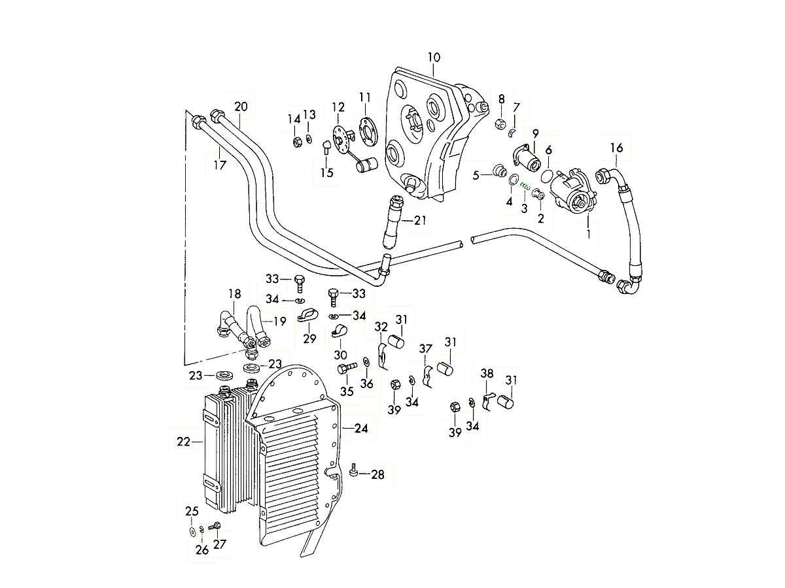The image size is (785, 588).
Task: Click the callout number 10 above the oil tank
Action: click(x=434, y=57)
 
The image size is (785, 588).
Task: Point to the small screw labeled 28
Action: click(x=354, y=470)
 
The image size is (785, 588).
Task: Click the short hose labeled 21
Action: click(x=394, y=222)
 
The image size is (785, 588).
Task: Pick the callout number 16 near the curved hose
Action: click(x=617, y=148)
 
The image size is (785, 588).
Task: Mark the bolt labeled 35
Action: click(x=345, y=370)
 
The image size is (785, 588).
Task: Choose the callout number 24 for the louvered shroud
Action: click(x=362, y=429)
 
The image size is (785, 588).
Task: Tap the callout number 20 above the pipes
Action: click(x=241, y=106)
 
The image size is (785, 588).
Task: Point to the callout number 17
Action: click(x=220, y=165)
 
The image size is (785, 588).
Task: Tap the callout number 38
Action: click(x=487, y=374)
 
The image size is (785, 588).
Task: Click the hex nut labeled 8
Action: click(x=500, y=123)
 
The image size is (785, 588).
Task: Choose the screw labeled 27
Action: click(x=215, y=526)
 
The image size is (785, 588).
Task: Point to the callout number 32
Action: click(x=381, y=326)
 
